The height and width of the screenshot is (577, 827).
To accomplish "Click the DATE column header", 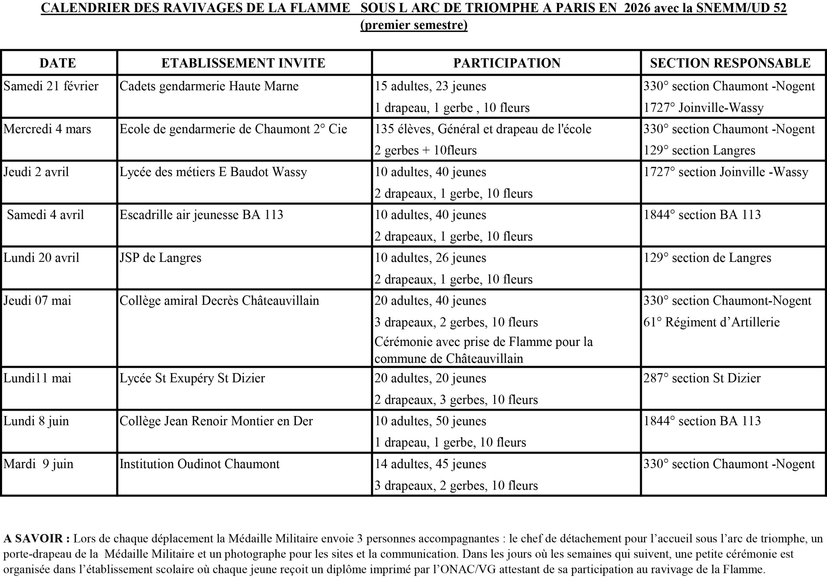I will tap(58, 63).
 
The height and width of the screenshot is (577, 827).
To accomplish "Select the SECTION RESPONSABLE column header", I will tap(730, 63).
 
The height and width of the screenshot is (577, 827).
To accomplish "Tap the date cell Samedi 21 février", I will tap(51, 86).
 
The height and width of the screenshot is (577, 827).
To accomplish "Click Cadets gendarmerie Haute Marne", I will tap(209, 86).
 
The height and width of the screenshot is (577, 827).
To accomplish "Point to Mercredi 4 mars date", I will tap(47, 129).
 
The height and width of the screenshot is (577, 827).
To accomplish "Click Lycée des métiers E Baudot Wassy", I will tap(213, 172).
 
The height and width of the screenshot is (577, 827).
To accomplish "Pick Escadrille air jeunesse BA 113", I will tap(201, 215).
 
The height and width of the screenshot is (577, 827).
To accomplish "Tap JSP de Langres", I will tap(160, 258).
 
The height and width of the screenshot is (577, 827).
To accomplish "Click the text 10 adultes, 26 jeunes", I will tap(430, 258).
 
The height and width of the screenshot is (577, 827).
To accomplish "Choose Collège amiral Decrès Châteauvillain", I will tap(219, 301).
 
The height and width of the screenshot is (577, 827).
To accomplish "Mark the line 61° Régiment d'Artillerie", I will tap(711, 322).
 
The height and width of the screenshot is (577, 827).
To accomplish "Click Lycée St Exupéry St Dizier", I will tap(192, 378).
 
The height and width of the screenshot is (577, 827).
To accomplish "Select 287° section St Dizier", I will tap(702, 378).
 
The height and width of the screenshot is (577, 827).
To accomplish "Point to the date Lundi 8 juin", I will tap(36, 421).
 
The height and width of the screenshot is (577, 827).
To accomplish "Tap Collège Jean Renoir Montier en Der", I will tap(216, 421).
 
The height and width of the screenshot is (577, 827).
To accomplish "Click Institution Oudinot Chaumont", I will tap(199, 464).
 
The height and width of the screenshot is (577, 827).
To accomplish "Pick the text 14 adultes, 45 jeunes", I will tap(430, 464).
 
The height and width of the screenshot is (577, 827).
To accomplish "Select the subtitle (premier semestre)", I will tap(414, 25).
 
